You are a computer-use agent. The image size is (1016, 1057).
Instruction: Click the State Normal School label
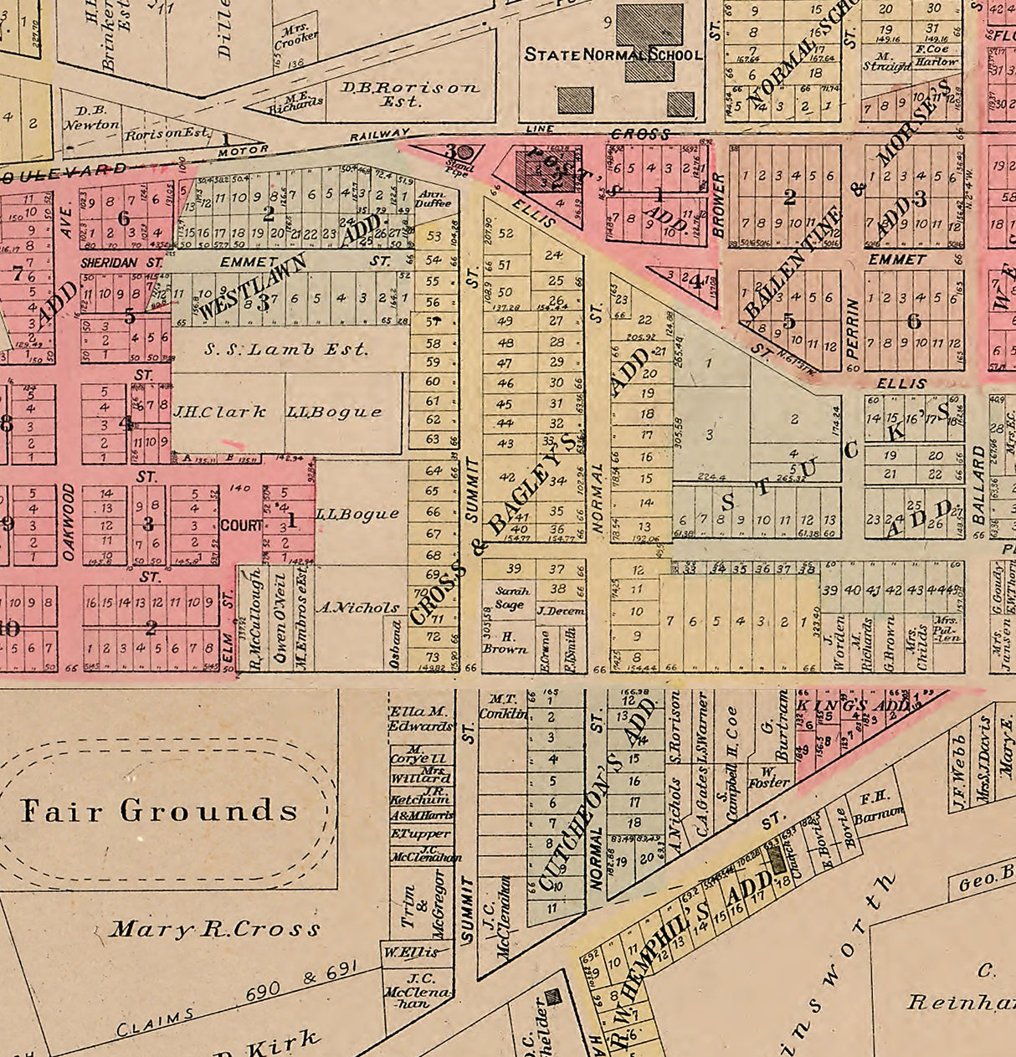click(x=613, y=55)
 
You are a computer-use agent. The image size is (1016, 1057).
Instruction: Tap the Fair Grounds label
click(x=159, y=810)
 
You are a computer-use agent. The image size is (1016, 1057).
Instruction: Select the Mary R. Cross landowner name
click(x=216, y=929)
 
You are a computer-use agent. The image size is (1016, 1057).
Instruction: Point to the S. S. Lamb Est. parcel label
click(x=286, y=349)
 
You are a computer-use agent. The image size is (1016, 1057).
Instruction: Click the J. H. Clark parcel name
click(x=219, y=412)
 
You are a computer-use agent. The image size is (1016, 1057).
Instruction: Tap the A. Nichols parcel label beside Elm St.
click(x=357, y=608)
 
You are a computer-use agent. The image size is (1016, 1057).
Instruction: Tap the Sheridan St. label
click(x=121, y=262)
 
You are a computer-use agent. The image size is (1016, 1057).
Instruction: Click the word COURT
click(x=242, y=526)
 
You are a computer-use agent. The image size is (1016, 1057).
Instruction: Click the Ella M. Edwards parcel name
click(x=421, y=719)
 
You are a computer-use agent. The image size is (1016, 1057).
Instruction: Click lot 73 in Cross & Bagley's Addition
click(x=433, y=657)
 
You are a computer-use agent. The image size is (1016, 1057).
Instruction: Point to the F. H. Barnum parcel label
click(x=880, y=807)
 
